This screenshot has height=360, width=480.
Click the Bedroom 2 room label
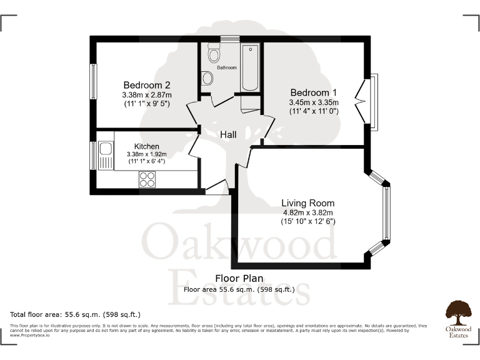146,85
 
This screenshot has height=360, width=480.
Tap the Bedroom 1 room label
313,92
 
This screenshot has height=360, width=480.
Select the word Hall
228,134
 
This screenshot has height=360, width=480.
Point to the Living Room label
307,203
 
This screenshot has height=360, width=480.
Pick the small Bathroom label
227,67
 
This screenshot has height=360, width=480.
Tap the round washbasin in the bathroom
207,78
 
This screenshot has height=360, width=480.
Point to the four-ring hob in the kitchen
147,179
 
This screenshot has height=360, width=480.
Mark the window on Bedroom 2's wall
94,81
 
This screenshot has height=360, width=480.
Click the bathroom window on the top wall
229,39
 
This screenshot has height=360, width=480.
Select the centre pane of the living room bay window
386,214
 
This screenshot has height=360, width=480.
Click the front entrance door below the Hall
216,187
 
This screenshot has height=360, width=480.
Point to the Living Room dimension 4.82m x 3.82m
307,212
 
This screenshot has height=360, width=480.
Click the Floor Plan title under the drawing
239,278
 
